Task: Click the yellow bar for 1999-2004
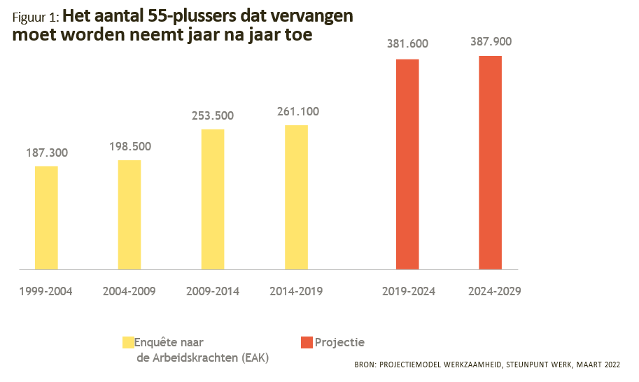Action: click(x=46, y=218)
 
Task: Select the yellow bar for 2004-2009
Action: click(x=129, y=215)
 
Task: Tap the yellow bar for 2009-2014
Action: click(x=213, y=199)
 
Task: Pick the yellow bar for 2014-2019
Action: click(x=296, y=197)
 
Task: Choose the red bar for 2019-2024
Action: click(x=407, y=164)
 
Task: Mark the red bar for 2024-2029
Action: click(x=491, y=162)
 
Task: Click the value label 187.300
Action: click(x=46, y=153)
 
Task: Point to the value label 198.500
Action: click(x=129, y=147)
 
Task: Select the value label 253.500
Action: click(x=213, y=116)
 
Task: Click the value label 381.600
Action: click(x=407, y=44)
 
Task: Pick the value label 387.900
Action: click(x=491, y=42)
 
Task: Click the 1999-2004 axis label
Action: click(x=46, y=291)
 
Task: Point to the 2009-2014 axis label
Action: click(x=213, y=291)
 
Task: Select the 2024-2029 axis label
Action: click(x=494, y=291)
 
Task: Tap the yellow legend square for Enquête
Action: click(x=128, y=342)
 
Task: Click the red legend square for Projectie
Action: click(x=307, y=342)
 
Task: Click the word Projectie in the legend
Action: click(x=339, y=343)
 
